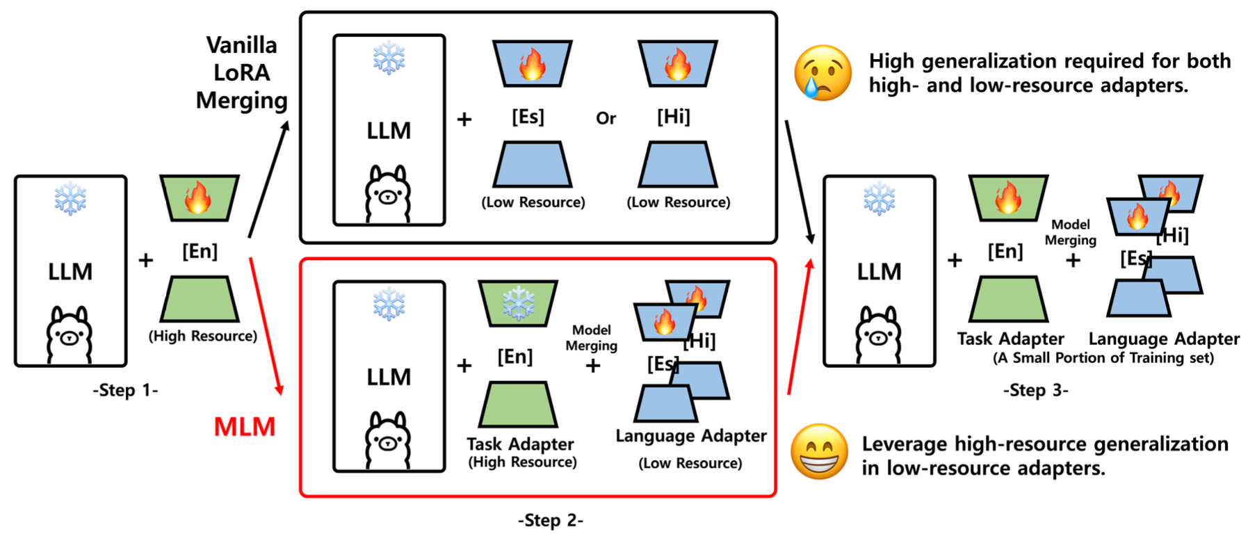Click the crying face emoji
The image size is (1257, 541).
pos(822,73)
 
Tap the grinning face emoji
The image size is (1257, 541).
pos(819,451)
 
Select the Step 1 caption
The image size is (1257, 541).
pos(125,390)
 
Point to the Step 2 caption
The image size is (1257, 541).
pos(550,520)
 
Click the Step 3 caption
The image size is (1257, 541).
pos(1035,390)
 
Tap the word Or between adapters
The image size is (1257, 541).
pos(606,118)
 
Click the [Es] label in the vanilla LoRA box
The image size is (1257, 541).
pos(528,116)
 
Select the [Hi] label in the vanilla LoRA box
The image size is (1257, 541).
pos(673,116)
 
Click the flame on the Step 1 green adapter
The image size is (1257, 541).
pos(198,197)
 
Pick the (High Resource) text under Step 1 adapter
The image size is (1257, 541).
pos(202,336)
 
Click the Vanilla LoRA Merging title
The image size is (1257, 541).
pos(241,72)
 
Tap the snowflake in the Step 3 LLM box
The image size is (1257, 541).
pos(879,199)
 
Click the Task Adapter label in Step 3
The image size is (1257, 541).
pos(1009,339)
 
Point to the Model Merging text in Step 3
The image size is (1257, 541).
pos(1070,232)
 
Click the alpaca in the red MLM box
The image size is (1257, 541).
pos(388,441)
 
